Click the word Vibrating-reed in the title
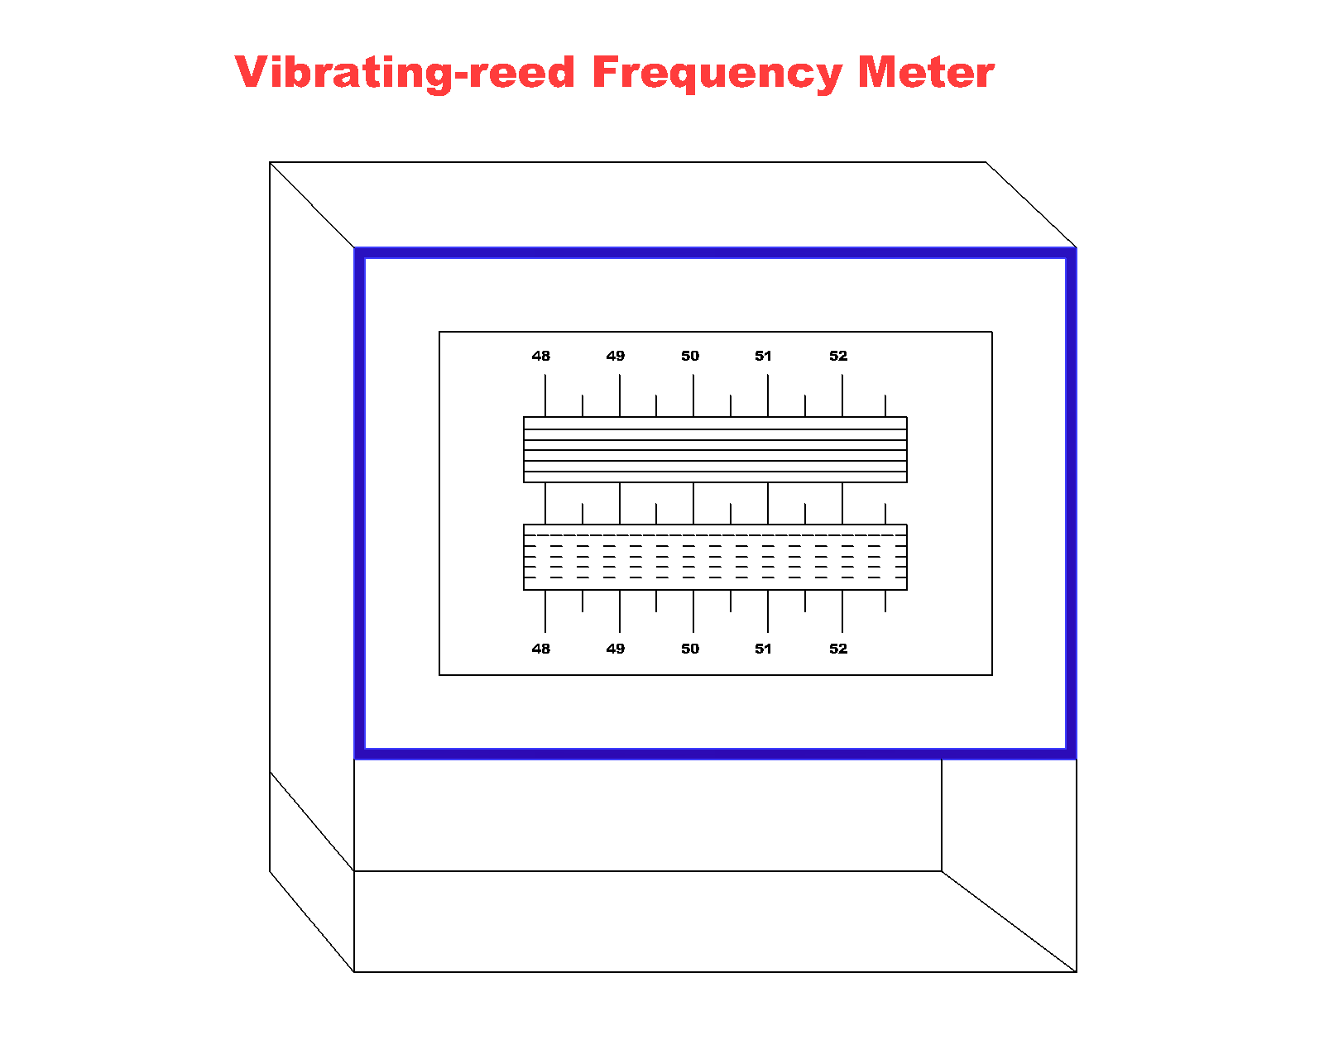[x=405, y=73]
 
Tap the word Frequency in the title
[x=717, y=73]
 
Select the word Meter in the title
[x=925, y=73]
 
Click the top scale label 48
[x=540, y=356]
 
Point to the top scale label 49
[x=615, y=356]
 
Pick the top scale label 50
[x=690, y=356]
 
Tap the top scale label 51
[x=763, y=356]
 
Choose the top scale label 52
[x=838, y=356]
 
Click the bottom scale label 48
[x=540, y=649]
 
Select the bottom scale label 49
[x=615, y=649]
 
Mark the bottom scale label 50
[x=690, y=649]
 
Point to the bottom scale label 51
[x=763, y=649]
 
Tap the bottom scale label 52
[x=838, y=649]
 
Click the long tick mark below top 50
[x=693, y=395]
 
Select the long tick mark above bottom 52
[x=842, y=611]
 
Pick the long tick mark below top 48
[x=545, y=395]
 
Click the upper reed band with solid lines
[x=715, y=449]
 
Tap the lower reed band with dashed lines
[x=715, y=557]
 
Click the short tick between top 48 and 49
[x=583, y=405]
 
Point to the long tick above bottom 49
[x=620, y=611]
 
